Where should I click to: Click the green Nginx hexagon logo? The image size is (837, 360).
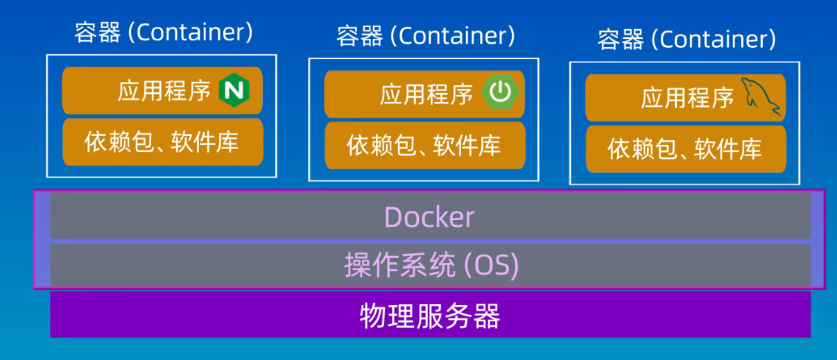point(234,90)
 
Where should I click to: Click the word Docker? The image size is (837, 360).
point(429,217)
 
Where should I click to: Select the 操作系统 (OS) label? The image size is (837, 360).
point(431,265)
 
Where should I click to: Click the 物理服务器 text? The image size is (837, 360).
point(430,316)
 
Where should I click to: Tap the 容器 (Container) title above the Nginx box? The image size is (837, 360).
point(164,33)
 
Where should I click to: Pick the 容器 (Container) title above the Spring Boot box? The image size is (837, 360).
point(426,36)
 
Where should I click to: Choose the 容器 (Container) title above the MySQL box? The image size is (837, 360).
point(687,40)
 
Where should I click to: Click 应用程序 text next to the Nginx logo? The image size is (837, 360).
point(164,91)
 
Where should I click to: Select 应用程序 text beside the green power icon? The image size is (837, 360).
point(426,94)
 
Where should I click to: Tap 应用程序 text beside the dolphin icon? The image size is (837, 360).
point(687,98)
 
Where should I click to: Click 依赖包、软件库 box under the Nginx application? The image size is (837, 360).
point(163,142)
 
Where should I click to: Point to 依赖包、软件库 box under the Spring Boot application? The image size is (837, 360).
point(424,146)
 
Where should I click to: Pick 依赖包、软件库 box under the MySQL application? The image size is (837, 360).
point(686,149)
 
